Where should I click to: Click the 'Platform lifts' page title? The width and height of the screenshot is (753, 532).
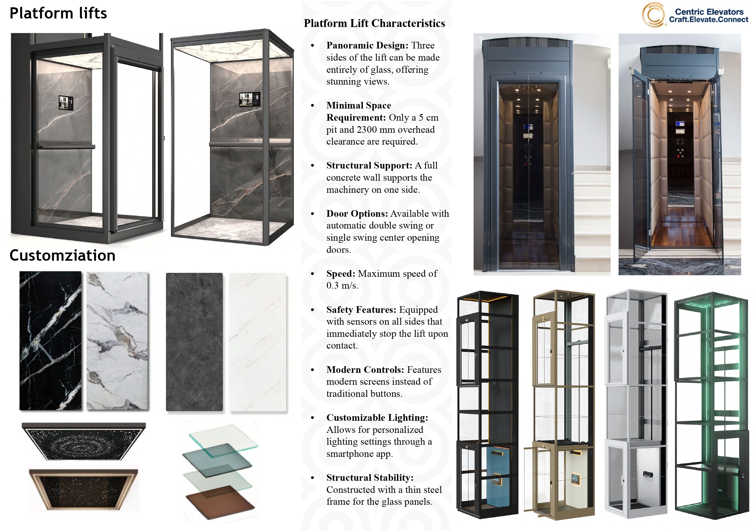click(58, 13)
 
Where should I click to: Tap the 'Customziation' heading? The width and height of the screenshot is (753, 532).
click(62, 255)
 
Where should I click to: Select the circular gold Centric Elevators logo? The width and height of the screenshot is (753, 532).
click(653, 15)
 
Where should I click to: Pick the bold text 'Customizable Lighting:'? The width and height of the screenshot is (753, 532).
click(377, 418)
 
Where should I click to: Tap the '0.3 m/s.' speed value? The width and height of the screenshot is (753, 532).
click(342, 286)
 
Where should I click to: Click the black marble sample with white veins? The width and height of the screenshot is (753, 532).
click(50, 341)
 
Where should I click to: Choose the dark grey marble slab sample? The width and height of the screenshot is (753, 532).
click(194, 342)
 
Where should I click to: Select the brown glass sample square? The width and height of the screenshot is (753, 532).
click(220, 501)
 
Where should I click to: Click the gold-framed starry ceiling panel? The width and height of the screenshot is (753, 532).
click(83, 489)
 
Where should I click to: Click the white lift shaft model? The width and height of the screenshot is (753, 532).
click(636, 403)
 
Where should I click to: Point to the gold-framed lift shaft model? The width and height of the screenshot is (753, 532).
click(559, 405)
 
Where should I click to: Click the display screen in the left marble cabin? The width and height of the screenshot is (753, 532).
click(66, 102)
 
